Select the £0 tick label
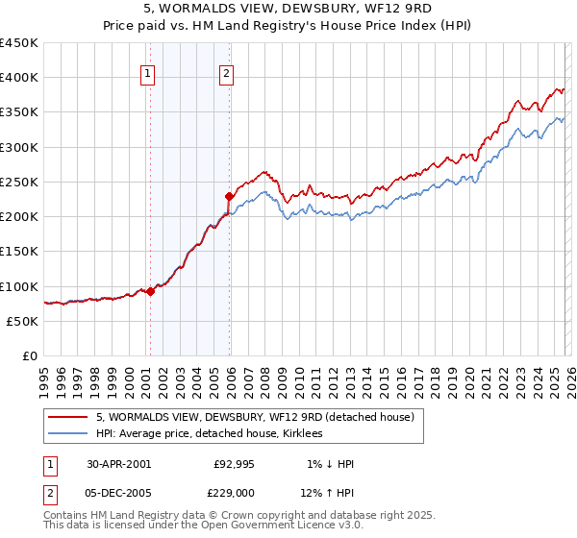[x=30, y=355]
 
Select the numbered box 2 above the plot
[x=227, y=72]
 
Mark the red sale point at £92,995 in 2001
[x=151, y=291]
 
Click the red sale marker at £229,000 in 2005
[x=229, y=196]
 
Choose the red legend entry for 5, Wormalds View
[x=255, y=417]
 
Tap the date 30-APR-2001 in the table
[x=118, y=464]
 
